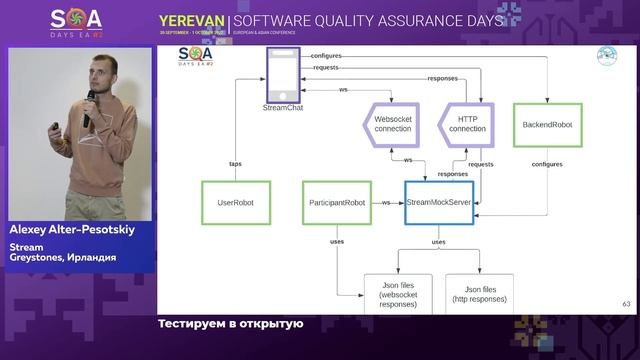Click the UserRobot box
236,202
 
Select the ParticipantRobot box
334,202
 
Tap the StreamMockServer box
439,202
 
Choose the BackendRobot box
546,124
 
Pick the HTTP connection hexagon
467,124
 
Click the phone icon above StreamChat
283,72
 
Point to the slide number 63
626,305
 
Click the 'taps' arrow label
236,163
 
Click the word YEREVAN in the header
191,20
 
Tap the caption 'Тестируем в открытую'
229,324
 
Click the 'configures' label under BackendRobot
546,163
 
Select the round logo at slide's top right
606,56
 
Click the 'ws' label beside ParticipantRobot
385,202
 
